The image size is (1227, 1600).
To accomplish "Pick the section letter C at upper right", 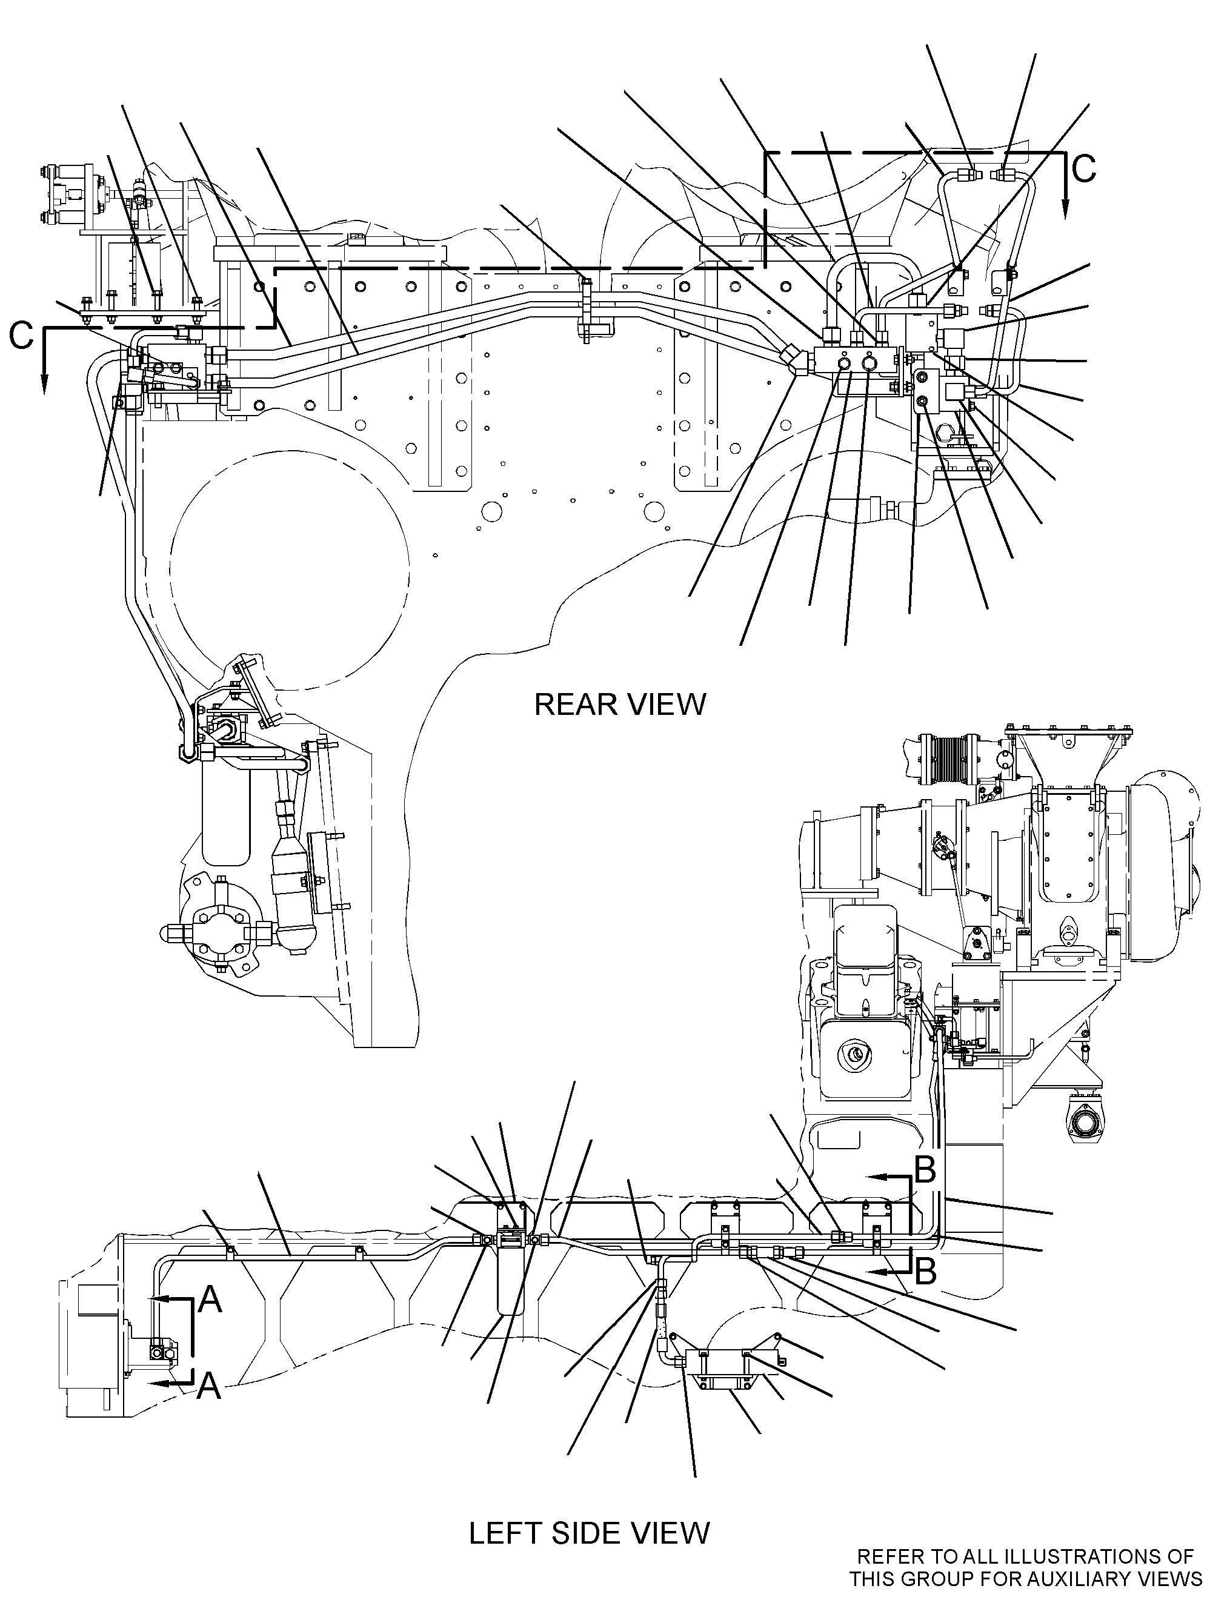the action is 1084,168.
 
